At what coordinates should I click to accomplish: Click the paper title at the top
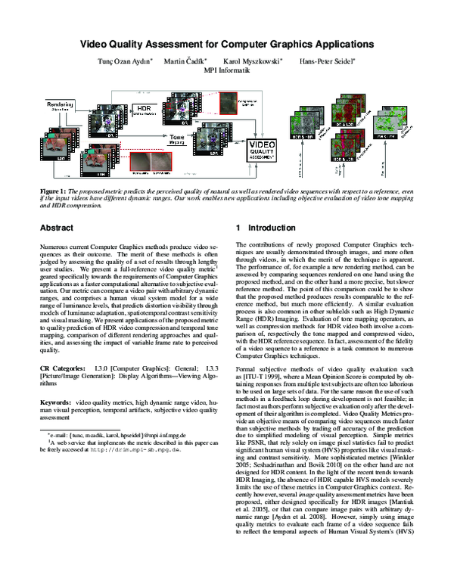227,44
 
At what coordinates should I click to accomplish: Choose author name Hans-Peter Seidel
328,61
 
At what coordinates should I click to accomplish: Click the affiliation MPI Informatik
227,70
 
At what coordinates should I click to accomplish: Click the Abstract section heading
57,226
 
